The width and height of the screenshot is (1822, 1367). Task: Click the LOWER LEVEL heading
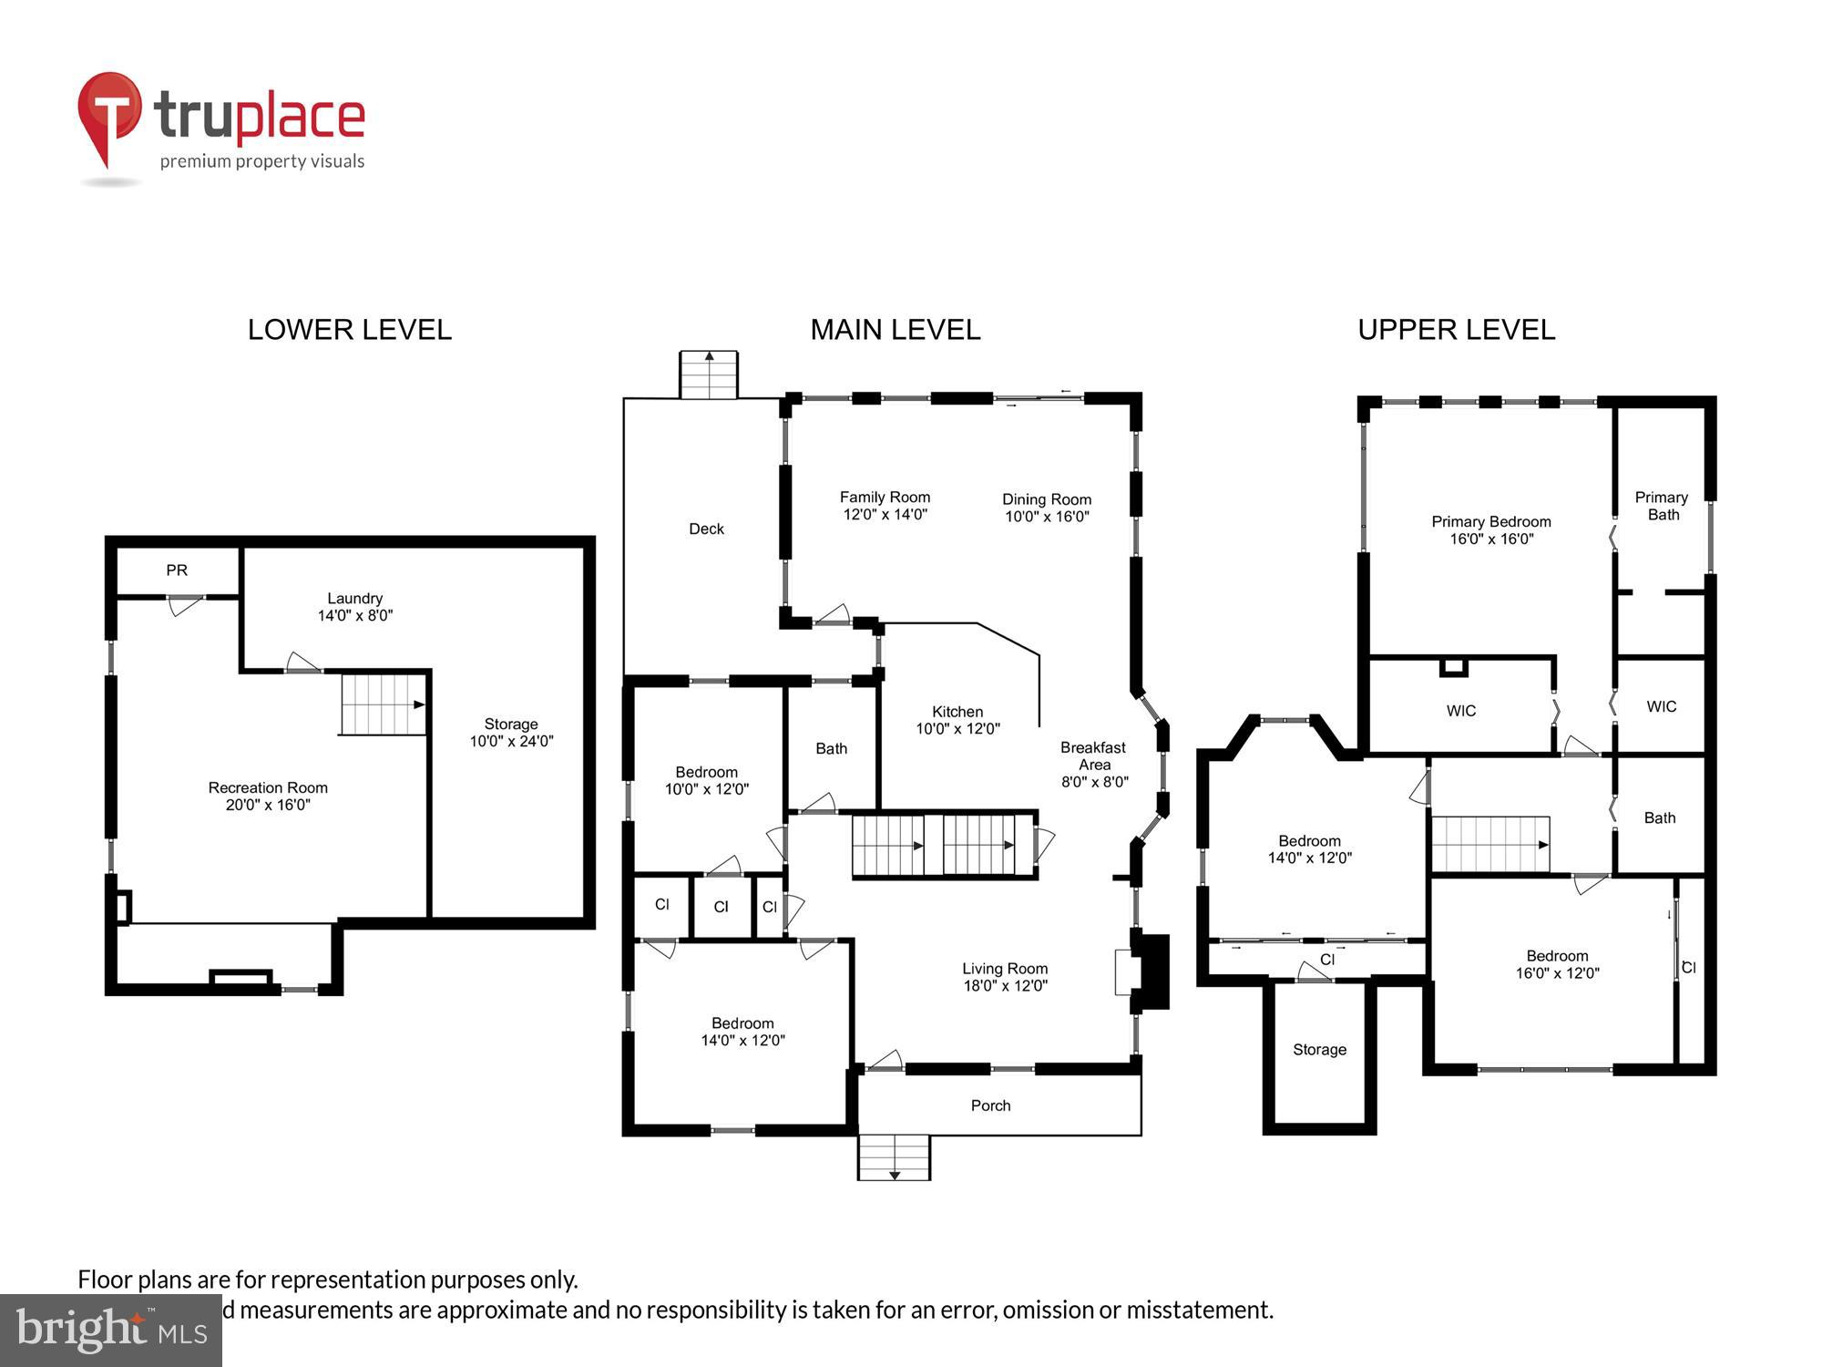[x=350, y=330]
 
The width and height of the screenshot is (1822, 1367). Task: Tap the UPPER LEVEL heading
[x=1456, y=330]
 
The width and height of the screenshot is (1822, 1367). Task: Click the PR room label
[x=177, y=570]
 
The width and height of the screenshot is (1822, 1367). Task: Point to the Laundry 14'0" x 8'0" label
[x=355, y=607]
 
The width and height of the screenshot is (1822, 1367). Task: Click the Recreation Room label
[x=268, y=796]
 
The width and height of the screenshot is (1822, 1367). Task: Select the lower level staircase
[x=384, y=704]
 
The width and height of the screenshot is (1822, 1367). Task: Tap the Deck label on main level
[x=706, y=529]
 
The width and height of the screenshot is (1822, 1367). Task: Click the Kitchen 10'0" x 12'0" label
[x=957, y=720]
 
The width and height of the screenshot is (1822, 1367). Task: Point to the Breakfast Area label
[x=1094, y=764]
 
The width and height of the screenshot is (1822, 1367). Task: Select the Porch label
[x=990, y=1105]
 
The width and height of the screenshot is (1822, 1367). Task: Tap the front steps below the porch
[x=894, y=1156]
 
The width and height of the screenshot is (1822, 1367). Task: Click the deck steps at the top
[x=709, y=375]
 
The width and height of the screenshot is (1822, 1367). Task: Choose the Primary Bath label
[x=1662, y=506]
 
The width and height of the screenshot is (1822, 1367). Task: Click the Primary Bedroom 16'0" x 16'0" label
[x=1491, y=529]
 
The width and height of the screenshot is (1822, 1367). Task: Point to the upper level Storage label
[x=1319, y=1050]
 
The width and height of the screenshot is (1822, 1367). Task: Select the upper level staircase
[x=1490, y=844]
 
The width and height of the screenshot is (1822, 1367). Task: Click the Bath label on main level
[x=831, y=748]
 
